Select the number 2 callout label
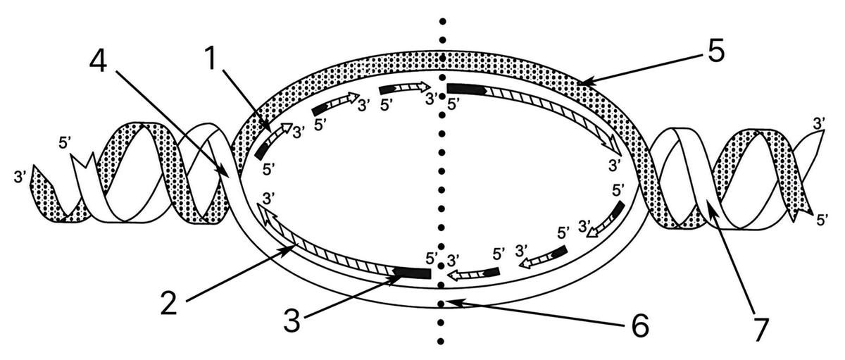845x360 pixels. click(168, 303)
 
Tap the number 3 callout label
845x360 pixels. click(292, 321)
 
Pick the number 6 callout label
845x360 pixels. click(640, 325)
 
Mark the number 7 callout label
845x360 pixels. click(760, 330)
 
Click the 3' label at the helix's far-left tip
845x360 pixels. click(20, 177)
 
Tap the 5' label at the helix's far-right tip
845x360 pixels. click(822, 220)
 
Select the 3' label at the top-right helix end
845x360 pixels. click(819, 123)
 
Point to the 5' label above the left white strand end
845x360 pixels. click(65, 143)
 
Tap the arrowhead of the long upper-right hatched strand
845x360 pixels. click(615, 148)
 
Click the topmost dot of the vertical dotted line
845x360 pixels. click(443, 21)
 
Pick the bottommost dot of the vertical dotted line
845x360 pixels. click(441, 341)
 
